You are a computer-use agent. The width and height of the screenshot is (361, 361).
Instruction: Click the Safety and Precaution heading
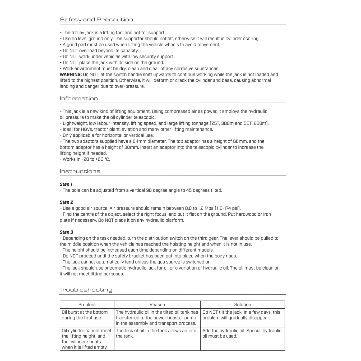pyautogui.click(x=96, y=20)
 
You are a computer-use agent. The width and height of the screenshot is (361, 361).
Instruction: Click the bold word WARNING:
pyautogui.click(x=71, y=75)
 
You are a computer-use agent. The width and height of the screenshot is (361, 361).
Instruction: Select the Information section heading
pyautogui.click(x=79, y=99)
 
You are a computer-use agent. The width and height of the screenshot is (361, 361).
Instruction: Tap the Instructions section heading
pyautogui.click(x=80, y=171)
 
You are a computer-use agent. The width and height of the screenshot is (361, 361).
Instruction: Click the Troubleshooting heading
pyautogui.click(x=86, y=290)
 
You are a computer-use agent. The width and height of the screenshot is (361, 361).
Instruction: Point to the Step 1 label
pyautogui.click(x=66, y=184)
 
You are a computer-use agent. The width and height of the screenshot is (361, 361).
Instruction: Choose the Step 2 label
pyautogui.click(x=66, y=202)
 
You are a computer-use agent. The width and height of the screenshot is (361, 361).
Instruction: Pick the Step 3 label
pyautogui.click(x=66, y=232)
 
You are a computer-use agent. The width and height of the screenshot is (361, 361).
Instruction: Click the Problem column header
pyautogui.click(x=87, y=305)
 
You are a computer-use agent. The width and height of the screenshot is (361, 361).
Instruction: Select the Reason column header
pyautogui.click(x=157, y=305)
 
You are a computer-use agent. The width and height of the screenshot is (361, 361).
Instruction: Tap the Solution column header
pyautogui.click(x=243, y=305)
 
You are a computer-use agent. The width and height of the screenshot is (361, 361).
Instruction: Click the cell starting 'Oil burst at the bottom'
pyautogui.click(x=85, y=315)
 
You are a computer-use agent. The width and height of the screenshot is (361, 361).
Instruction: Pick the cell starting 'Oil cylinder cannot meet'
pyautogui.click(x=87, y=339)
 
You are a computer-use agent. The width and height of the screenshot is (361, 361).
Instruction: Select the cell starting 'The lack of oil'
pyautogui.click(x=156, y=333)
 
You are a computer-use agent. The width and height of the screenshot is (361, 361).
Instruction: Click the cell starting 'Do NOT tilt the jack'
pyautogui.click(x=241, y=315)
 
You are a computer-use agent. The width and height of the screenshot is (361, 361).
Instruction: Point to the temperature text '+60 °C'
pyautogui.click(x=103, y=159)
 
